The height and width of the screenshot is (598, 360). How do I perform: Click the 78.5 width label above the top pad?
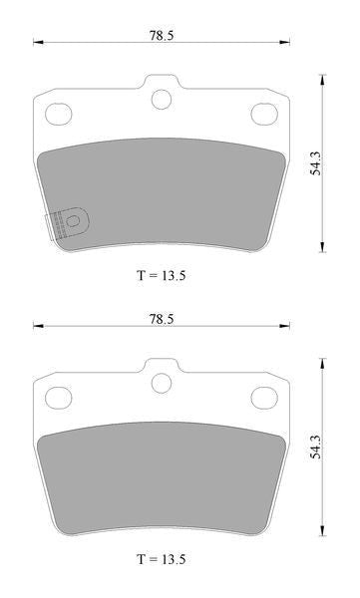click(x=162, y=36)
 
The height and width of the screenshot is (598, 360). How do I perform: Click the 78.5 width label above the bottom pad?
click(x=162, y=319)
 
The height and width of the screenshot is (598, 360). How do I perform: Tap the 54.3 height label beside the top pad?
click(x=315, y=163)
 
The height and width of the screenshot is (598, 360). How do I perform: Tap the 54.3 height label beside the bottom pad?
click(x=315, y=447)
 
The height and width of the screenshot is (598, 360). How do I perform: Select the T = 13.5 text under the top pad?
click(x=162, y=275)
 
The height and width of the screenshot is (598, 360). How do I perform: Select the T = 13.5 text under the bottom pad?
click(x=162, y=559)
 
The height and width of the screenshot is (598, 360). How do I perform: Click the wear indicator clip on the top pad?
click(x=67, y=223)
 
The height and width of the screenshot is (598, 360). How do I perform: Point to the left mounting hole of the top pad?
click(x=59, y=114)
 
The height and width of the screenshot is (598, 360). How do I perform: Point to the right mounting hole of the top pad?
click(x=264, y=114)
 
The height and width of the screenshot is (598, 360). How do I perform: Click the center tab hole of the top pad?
click(x=162, y=99)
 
